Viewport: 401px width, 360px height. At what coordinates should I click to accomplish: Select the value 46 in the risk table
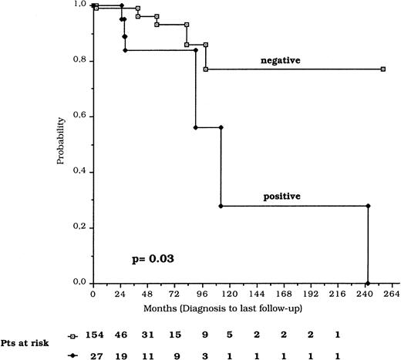146,335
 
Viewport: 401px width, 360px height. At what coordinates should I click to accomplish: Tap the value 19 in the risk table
146,354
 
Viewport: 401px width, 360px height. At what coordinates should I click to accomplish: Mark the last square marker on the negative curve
382,69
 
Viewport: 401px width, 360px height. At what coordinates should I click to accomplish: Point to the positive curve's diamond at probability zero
368,283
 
